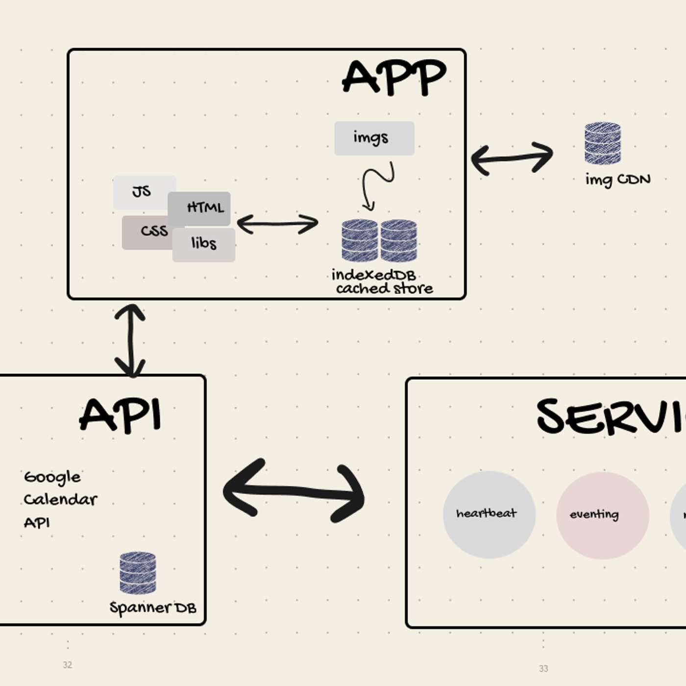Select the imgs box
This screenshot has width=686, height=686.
click(x=374, y=138)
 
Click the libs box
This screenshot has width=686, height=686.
click(x=204, y=244)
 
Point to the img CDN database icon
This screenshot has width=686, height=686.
click(x=602, y=143)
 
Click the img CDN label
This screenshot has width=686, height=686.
click(x=617, y=179)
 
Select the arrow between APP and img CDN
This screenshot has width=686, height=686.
click(x=512, y=158)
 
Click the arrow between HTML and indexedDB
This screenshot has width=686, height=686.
click(x=277, y=224)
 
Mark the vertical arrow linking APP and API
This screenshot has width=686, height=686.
click(x=130, y=341)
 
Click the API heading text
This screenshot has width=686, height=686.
click(x=121, y=416)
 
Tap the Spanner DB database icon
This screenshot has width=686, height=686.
click(x=138, y=572)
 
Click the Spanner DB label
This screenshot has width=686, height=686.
click(x=152, y=608)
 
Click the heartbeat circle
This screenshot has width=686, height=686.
click(x=489, y=514)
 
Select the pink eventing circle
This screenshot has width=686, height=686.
click(x=602, y=515)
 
